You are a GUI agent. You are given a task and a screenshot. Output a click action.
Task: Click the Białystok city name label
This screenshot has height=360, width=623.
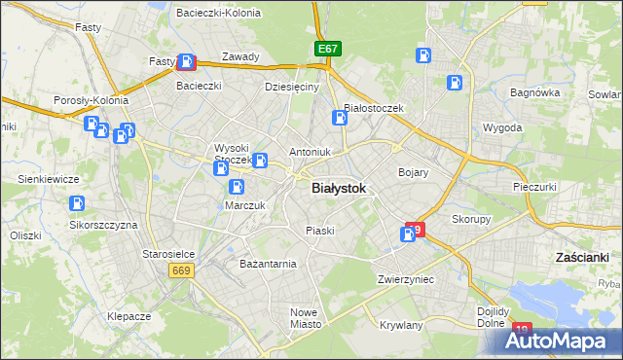(339, 190)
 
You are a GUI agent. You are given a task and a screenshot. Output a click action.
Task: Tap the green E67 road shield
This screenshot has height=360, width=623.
(327, 48)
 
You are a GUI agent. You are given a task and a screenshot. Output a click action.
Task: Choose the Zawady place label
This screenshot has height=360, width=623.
(240, 56)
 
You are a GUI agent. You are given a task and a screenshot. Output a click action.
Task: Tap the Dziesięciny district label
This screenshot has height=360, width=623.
(292, 87)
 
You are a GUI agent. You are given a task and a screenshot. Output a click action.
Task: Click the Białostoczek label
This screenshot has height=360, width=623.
(381, 108)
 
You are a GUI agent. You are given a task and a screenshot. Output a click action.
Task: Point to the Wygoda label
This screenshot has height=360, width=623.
(502, 127)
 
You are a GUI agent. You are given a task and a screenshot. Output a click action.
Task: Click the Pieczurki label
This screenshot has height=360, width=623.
(534, 185)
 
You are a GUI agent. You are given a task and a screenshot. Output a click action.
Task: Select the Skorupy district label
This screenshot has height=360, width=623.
(471, 219)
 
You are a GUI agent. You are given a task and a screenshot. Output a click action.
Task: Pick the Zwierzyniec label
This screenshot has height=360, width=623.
(406, 279)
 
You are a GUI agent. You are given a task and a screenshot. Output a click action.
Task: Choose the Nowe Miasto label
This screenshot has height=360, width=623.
(305, 318)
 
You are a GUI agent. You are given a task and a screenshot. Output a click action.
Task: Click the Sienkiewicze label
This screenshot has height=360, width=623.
(49, 179)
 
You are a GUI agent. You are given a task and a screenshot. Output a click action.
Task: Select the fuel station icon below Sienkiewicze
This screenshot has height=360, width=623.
(76, 204)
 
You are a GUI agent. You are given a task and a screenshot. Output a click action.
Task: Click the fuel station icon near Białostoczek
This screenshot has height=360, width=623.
(339, 119)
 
